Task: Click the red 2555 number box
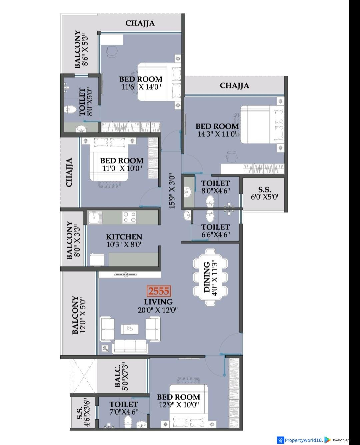click(159, 291)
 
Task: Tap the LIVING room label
click(158, 302)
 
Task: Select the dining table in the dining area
click(210, 277)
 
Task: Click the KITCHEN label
click(124, 237)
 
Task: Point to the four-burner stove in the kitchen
click(129, 217)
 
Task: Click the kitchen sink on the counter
click(95, 217)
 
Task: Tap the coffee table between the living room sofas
click(129, 329)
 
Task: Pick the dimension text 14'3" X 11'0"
click(217, 134)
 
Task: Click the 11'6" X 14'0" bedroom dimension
click(141, 87)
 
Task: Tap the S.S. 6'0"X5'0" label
click(265, 193)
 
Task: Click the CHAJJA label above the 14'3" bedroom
click(234, 86)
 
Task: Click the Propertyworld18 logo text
click(304, 440)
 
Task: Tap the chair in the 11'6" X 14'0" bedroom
click(112, 52)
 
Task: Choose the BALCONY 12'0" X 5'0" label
click(79, 315)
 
